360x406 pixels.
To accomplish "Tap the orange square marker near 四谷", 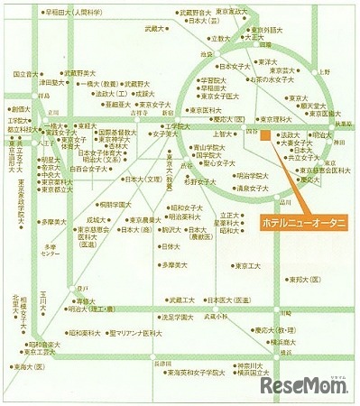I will click(x=265, y=137).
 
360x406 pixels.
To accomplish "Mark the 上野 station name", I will click(x=323, y=69).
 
